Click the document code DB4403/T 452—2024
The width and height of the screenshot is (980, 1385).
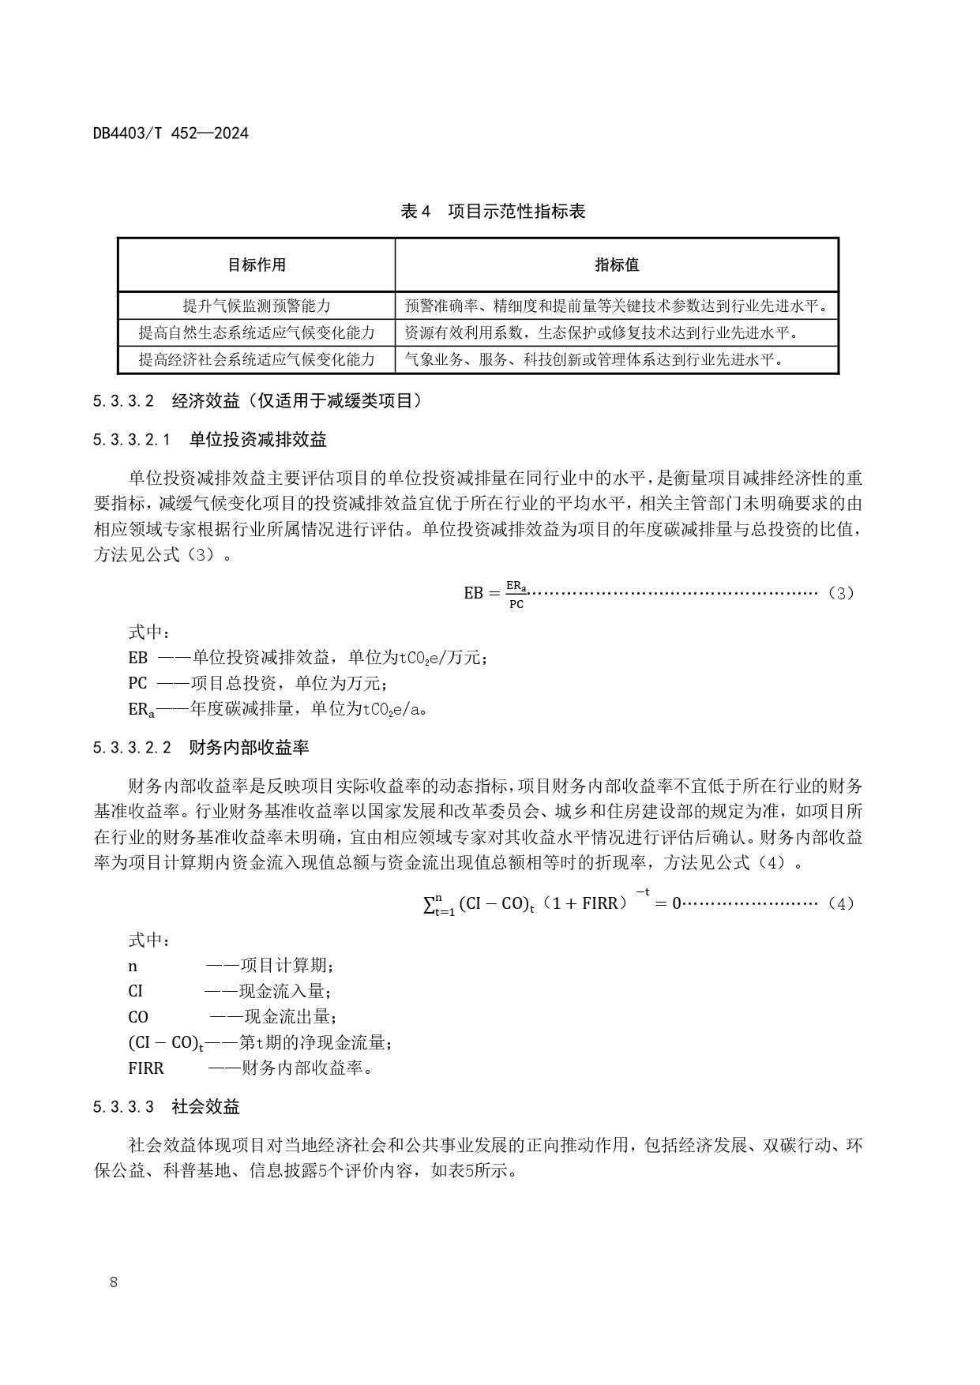(x=171, y=133)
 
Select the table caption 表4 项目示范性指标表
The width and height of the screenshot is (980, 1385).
(x=493, y=211)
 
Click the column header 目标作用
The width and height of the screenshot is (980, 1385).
(x=257, y=265)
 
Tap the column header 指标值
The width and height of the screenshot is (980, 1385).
(x=617, y=265)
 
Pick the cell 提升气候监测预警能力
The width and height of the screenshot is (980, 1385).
(x=257, y=306)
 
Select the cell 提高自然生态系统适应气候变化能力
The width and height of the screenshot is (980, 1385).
(x=257, y=332)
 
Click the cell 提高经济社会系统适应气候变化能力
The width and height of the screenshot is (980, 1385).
(x=257, y=360)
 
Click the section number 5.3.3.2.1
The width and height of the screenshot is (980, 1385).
(x=131, y=440)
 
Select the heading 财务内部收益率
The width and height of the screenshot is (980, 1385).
(x=249, y=747)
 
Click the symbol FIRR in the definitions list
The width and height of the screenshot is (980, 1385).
(x=146, y=1068)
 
